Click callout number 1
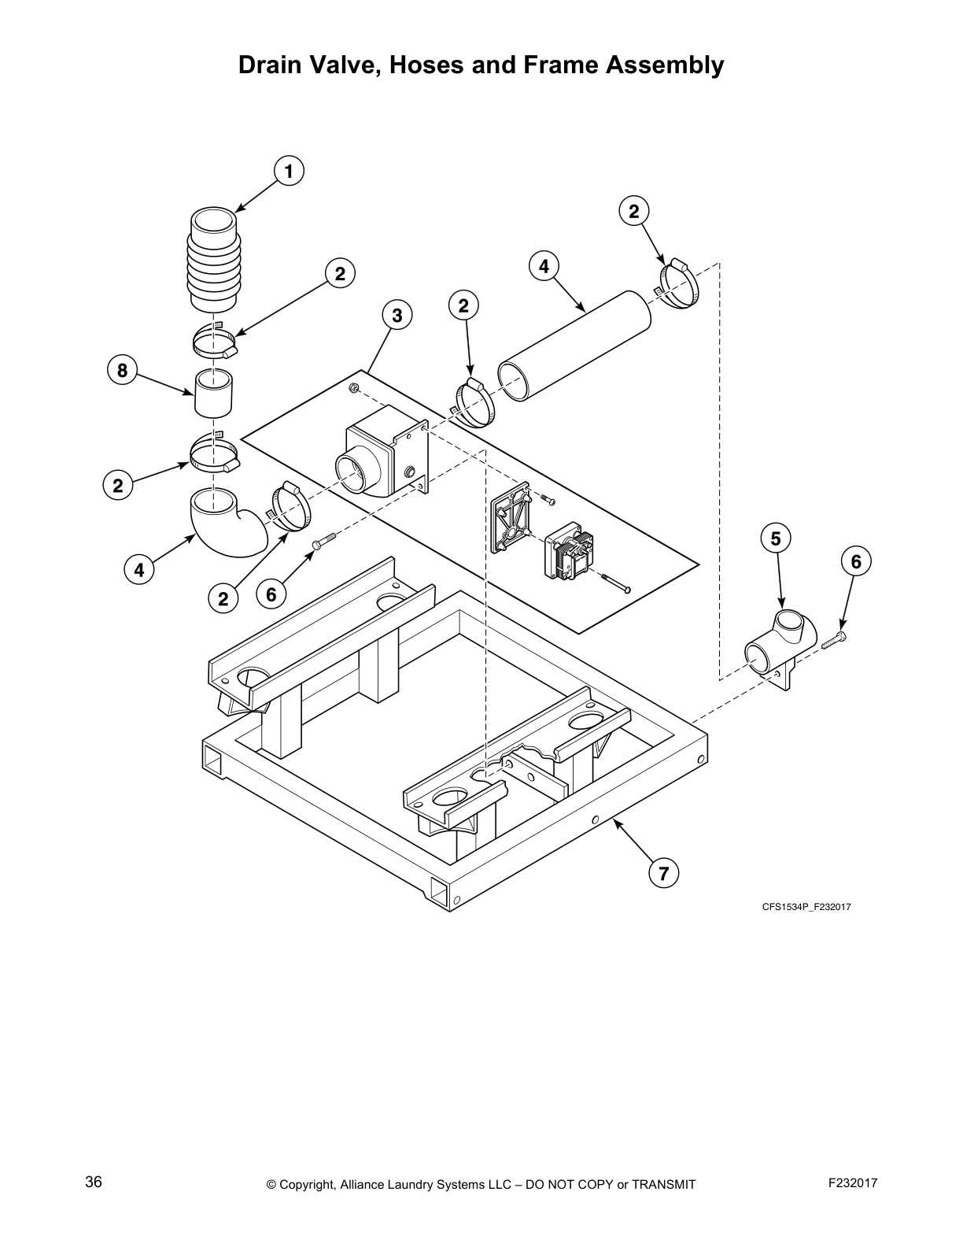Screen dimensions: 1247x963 pos(289,171)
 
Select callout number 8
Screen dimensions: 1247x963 pos(122,370)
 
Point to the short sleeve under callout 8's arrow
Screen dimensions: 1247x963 pos(214,393)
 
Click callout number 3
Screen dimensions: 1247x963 pos(397,316)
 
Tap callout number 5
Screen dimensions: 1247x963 pos(776,538)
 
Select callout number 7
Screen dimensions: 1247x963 pos(663,872)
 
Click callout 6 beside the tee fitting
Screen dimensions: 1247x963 pos(856,561)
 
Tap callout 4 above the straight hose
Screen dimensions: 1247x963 pos(544,266)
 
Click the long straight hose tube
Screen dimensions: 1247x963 pos(574,346)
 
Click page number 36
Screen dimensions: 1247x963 pos(93,1182)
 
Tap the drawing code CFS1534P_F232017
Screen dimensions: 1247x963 pos(806,907)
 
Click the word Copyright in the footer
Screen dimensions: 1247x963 pos(308,1185)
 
